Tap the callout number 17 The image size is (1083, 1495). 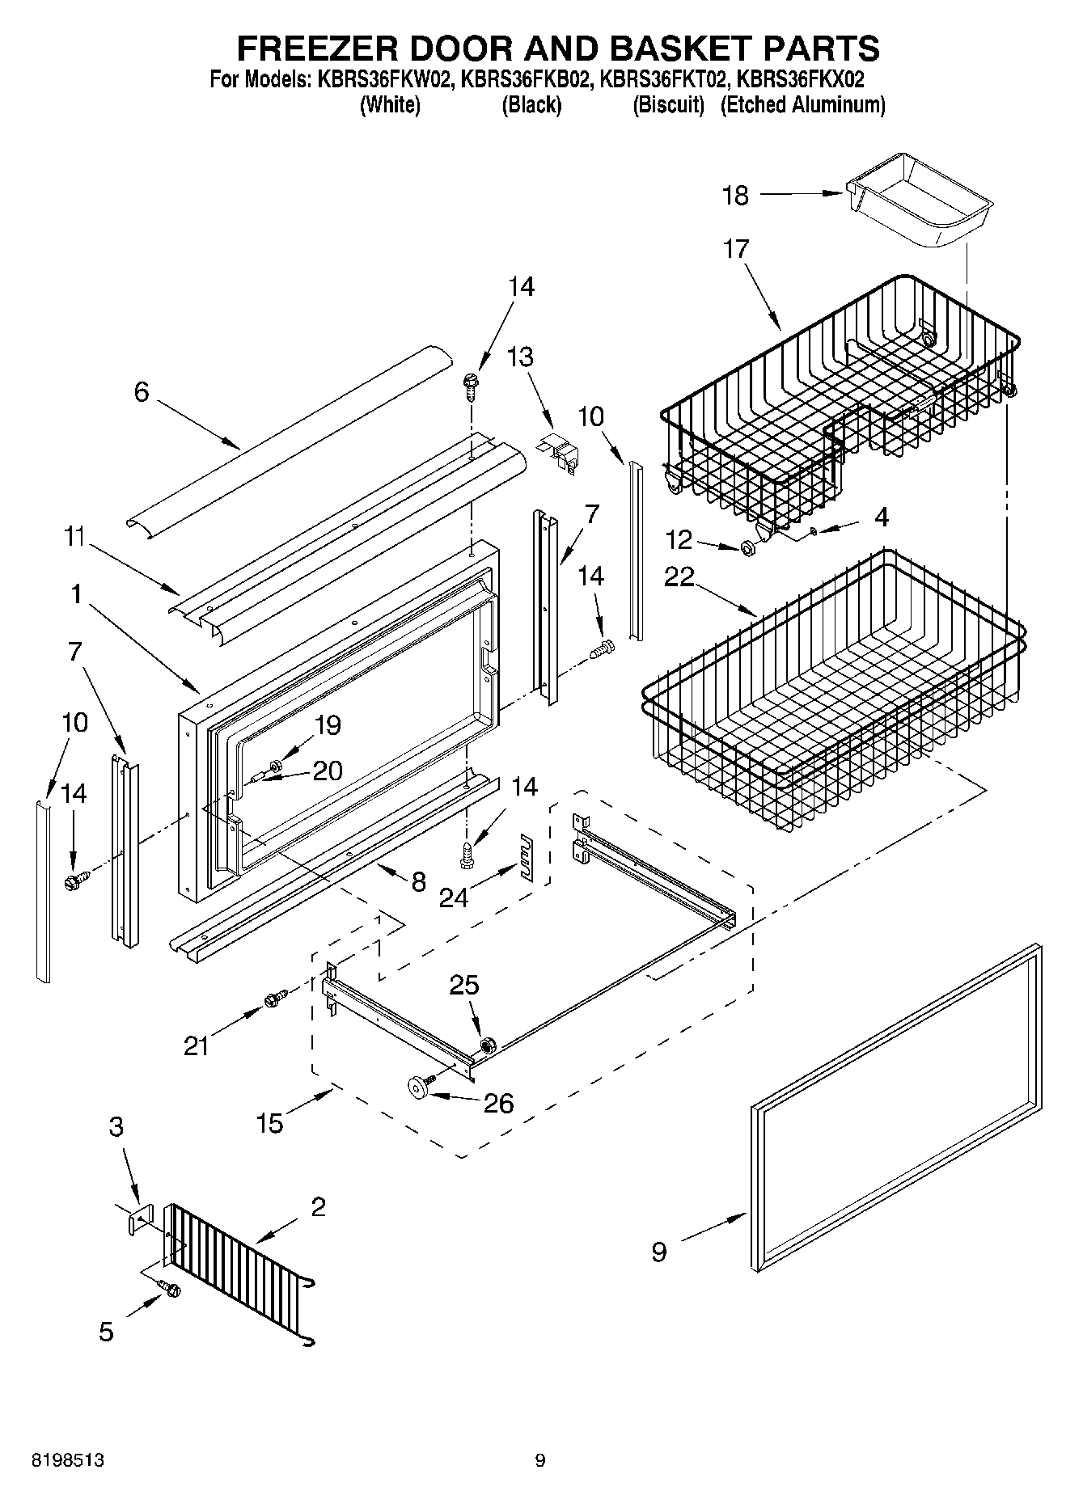pos(736,248)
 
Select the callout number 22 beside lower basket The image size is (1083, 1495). pos(679,577)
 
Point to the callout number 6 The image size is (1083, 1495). pos(142,393)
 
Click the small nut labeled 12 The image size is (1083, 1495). pos(748,549)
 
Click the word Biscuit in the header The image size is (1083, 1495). pos(668,105)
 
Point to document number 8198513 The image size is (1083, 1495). pos(68,1460)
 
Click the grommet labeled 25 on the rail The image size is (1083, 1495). pos(487,1045)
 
